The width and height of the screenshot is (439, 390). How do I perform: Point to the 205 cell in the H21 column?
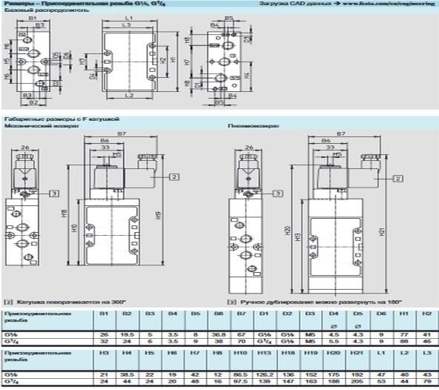(x=359, y=383)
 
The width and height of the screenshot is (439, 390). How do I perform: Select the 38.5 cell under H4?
(x=127, y=377)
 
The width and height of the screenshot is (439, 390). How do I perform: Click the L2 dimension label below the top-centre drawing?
(x=129, y=96)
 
